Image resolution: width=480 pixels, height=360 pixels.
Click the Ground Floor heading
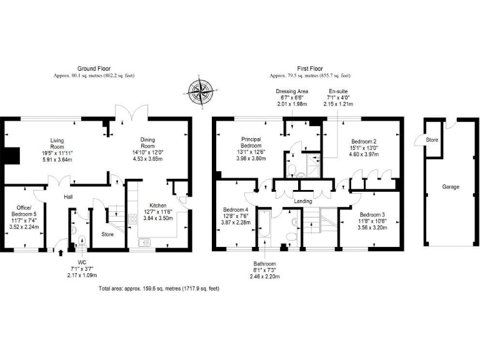pos(94,68)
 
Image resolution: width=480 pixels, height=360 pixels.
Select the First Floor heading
pos(309,68)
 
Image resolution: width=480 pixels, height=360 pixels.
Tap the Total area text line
pos(159,289)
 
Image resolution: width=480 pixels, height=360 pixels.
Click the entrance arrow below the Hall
pos(61,253)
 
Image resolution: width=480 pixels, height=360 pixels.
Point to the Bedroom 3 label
pos(373,215)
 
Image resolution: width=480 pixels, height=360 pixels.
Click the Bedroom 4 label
pos(236,210)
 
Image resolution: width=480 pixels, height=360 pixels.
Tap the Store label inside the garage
pos(432,139)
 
